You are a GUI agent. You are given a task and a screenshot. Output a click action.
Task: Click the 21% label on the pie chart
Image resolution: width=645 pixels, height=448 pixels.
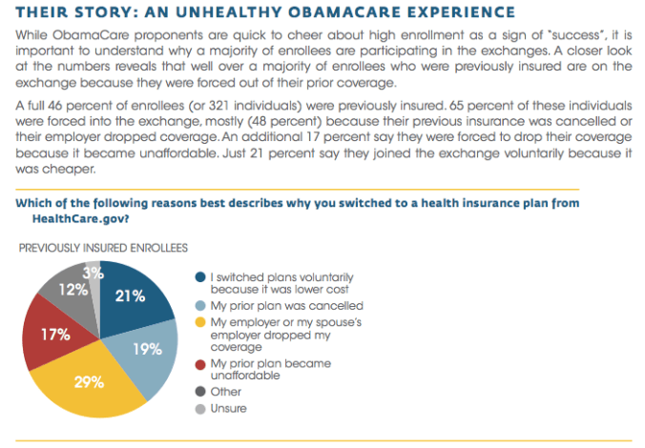point(130,295)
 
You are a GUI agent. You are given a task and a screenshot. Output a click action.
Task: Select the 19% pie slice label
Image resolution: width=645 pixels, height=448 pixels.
point(146,349)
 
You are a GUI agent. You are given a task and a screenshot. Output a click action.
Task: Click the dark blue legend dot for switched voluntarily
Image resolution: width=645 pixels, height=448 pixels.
point(199,277)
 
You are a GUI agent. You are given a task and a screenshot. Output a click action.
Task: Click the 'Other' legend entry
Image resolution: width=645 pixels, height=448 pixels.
point(226,392)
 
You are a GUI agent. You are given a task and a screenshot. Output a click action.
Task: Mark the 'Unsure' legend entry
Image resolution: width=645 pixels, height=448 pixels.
point(229,408)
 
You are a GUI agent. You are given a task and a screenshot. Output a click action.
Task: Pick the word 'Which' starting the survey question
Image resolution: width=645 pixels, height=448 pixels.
point(35,204)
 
